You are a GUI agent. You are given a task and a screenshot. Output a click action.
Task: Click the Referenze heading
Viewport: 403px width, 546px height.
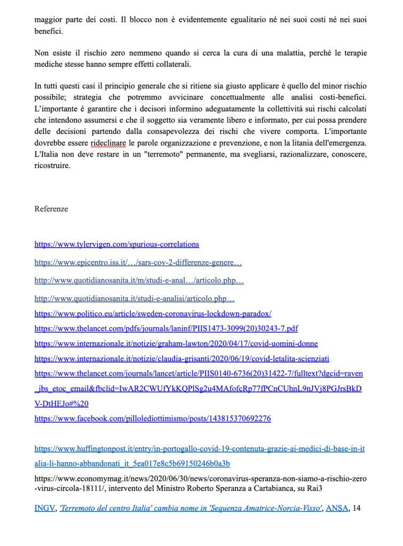pos(51,209)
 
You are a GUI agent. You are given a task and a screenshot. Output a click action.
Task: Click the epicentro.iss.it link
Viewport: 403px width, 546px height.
pos(138,263)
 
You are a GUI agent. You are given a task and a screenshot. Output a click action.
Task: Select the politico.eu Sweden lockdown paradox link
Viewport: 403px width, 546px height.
pos(153,314)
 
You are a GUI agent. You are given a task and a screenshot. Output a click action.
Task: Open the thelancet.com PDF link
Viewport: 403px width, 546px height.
pos(166,329)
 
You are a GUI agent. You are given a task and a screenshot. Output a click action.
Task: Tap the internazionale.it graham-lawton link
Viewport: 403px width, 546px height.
pos(176,344)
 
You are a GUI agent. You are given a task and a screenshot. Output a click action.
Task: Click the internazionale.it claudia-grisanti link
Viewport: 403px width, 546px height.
pos(181,359)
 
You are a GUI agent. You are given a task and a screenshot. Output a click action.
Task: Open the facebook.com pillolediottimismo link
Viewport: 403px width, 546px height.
pos(152,418)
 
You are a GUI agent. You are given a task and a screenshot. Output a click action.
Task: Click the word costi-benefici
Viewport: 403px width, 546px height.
pos(342,99)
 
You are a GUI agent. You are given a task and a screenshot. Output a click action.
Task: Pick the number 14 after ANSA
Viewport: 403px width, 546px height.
pos(357,509)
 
